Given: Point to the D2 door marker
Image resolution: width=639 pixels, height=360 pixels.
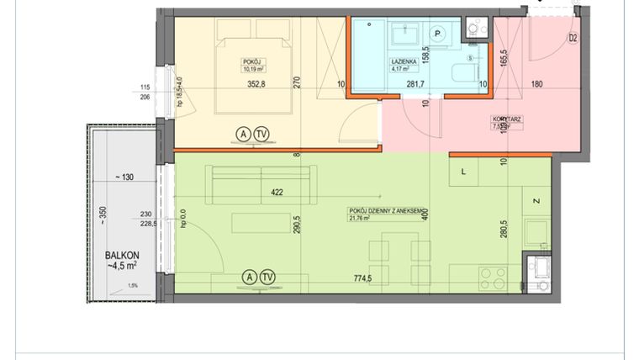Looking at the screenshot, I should coord(572,38).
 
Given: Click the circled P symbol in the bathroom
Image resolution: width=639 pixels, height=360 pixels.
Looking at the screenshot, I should coord(437,33).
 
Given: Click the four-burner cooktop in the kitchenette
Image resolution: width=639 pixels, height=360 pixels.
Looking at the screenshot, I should coord(491,278).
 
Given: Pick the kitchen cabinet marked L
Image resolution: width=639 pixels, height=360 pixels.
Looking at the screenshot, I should coord(465,171).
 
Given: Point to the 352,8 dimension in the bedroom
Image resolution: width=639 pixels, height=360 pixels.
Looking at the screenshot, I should coord(258,83).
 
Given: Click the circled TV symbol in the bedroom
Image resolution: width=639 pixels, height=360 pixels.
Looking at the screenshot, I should coord(262,134).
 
